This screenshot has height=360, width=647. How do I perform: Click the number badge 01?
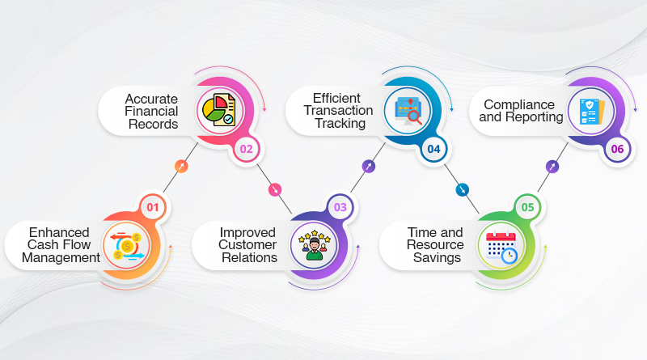[153, 207]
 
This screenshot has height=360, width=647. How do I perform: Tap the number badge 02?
[247, 149]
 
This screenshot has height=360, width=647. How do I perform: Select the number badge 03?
[340, 207]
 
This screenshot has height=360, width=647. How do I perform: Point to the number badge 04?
[433, 149]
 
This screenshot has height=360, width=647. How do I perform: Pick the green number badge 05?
[528, 207]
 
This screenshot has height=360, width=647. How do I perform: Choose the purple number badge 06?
[617, 149]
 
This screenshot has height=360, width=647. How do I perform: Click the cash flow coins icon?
[127, 247]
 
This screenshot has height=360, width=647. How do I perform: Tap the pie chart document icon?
[219, 110]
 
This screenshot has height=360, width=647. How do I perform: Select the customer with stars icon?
[315, 246]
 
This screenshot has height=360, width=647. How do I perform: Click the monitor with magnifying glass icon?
[408, 111]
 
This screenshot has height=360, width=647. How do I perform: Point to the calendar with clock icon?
[501, 247]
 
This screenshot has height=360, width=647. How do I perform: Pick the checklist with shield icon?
[592, 112]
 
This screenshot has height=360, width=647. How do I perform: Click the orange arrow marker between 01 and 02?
[181, 167]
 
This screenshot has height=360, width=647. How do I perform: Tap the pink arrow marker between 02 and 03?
[275, 190]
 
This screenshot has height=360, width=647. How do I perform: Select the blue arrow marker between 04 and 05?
[462, 190]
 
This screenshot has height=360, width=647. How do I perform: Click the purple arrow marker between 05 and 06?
[552, 167]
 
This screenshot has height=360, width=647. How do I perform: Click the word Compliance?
[519, 105]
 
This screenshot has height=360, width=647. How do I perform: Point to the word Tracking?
[340, 123]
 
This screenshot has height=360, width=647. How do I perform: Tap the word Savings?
[437, 257]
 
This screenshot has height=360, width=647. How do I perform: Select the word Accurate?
[151, 99]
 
